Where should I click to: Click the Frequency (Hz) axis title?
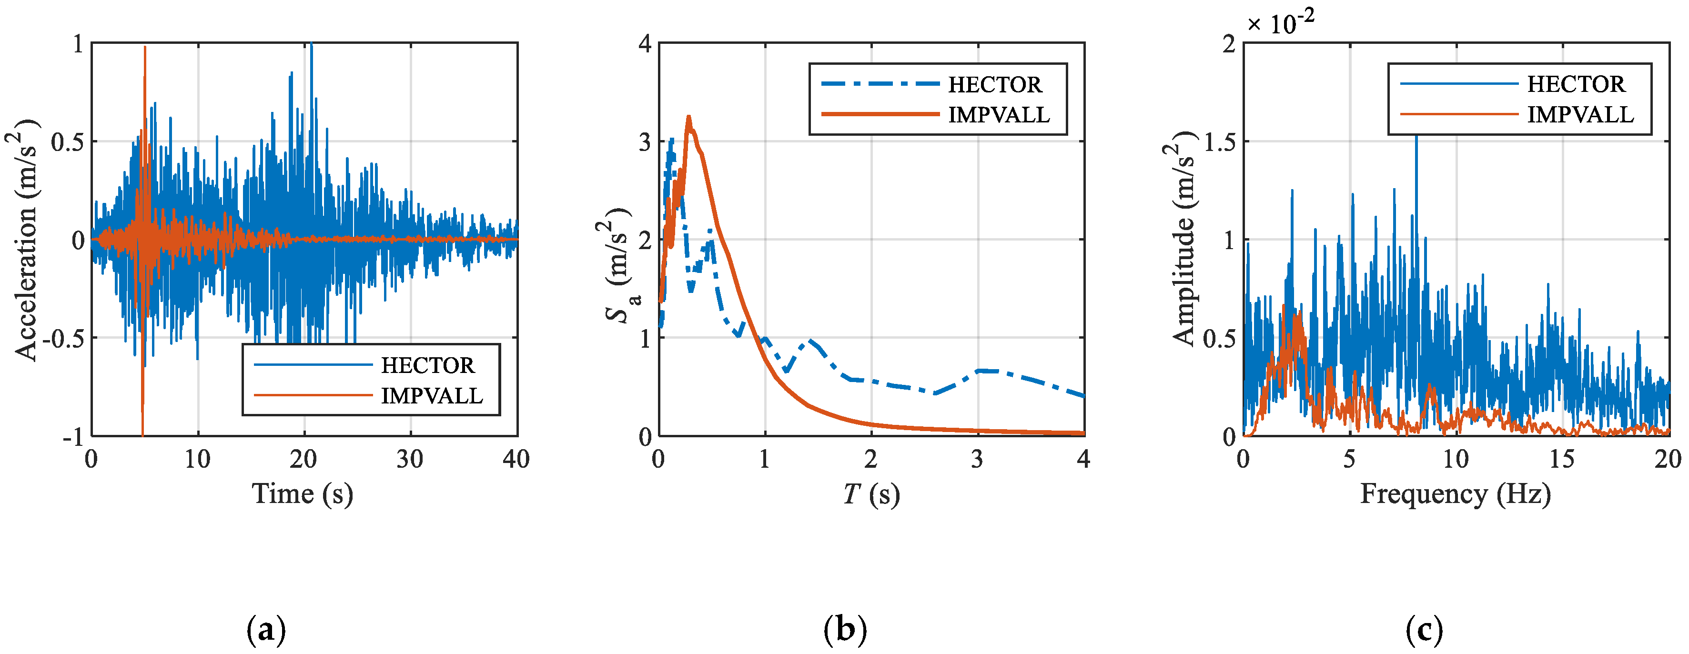[x=1455, y=493]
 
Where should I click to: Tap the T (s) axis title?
[x=871, y=493]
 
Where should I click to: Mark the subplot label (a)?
[x=266, y=630]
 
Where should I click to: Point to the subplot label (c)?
[x=1424, y=630]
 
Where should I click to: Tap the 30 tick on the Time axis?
[x=410, y=459]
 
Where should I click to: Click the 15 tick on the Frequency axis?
[x=1562, y=459]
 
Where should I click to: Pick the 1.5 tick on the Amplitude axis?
[x=1220, y=141]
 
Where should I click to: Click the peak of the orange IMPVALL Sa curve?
[x=688, y=117]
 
